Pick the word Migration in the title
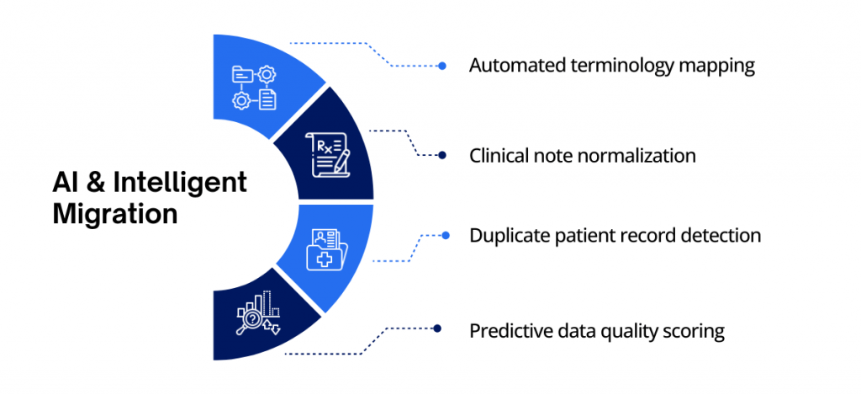point(115,214)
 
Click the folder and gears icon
point(254,88)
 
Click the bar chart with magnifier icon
point(258,314)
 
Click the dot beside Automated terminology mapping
point(442,66)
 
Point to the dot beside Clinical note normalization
point(442,155)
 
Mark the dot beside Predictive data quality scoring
point(437,329)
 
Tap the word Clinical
point(498,156)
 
